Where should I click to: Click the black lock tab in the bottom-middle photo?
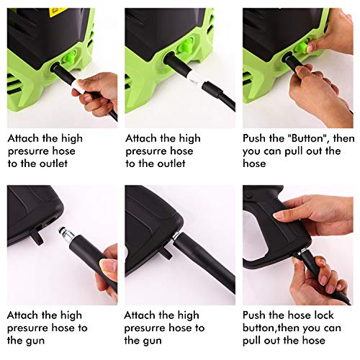click(x=165, y=253)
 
